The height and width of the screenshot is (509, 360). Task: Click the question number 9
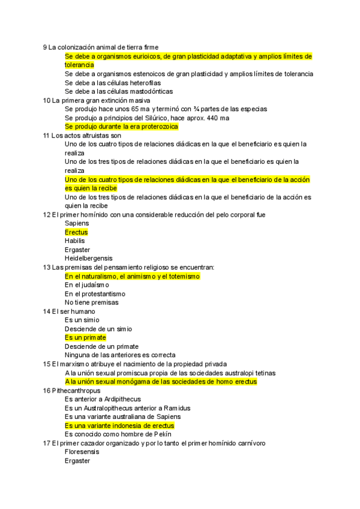pyautogui.click(x=45, y=47)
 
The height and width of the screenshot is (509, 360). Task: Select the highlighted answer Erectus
pyautogui.click(x=76, y=232)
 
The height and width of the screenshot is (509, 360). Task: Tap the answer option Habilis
pyautogui.click(x=75, y=241)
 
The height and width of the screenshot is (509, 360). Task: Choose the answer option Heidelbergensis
pyautogui.click(x=88, y=258)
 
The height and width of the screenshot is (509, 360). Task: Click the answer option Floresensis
pyautogui.click(x=82, y=452)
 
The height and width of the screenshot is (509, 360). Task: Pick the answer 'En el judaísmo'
pyautogui.click(x=87, y=285)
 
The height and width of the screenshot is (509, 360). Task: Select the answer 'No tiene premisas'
pyautogui.click(x=91, y=303)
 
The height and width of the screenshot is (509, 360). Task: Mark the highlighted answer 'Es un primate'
pyautogui.click(x=85, y=338)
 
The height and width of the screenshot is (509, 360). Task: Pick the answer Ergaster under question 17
pyautogui.click(x=77, y=461)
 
